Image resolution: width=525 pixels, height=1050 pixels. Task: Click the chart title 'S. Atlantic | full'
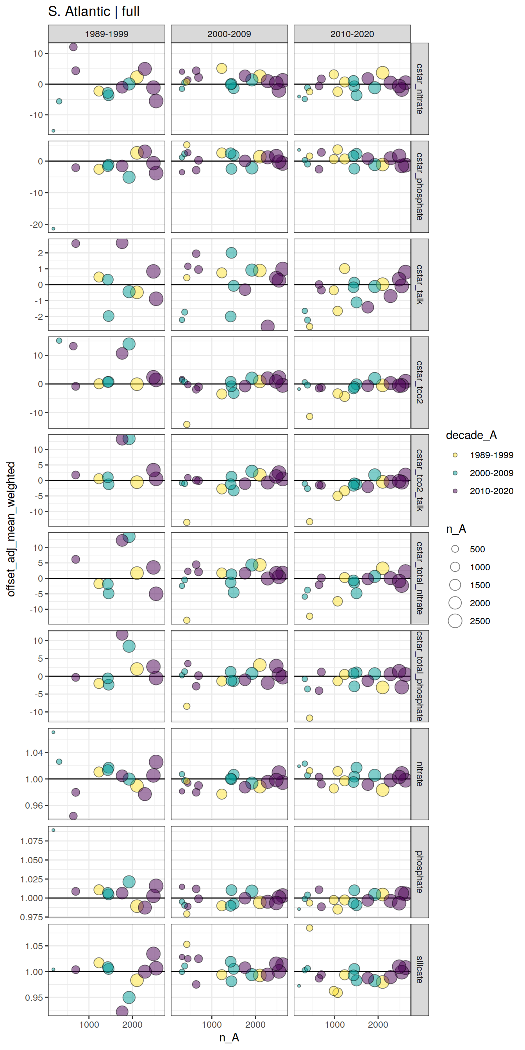pos(94,11)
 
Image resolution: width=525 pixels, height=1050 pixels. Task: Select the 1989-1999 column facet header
pos(106,34)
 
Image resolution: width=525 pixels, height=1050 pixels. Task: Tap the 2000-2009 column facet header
pos(229,34)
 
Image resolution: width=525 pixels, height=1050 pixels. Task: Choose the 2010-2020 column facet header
pos(352,34)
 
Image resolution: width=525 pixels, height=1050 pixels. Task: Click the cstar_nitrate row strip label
pos(420,89)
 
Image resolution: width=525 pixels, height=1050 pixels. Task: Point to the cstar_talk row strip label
pos(420,284)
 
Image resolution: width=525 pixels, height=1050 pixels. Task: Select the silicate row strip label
pos(420,969)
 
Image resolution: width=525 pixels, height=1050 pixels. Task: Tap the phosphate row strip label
pos(420,871)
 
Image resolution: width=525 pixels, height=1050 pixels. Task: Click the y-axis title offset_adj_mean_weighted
pos(11,529)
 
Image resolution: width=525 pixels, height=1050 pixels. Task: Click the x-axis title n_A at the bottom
pos(229,1037)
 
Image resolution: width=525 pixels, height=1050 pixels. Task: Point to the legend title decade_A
pos(471,435)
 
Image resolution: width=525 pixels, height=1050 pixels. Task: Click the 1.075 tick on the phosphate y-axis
pos(31,841)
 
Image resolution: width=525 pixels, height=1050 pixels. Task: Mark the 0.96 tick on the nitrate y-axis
pos(34,805)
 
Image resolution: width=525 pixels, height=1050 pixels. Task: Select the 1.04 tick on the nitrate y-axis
pos(34,753)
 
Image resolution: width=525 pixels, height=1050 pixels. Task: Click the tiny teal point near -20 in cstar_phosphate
pos(54,229)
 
